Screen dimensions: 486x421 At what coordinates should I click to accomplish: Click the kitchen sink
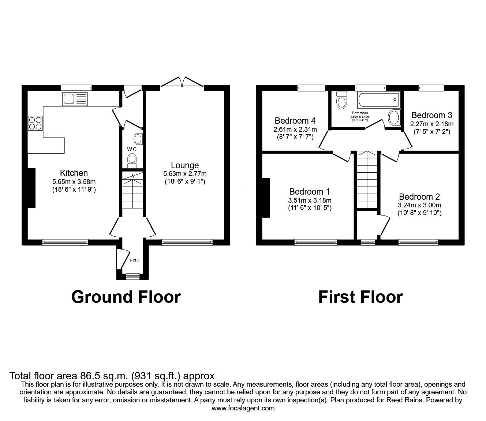click(75, 99)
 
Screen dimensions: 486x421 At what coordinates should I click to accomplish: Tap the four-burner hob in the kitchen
click(35, 123)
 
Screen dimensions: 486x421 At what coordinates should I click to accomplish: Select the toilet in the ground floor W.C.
click(132, 161)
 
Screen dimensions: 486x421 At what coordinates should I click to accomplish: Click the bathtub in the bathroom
click(378, 99)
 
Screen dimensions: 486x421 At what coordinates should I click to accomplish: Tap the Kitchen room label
click(74, 173)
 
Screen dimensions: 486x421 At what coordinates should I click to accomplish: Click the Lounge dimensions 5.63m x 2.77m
click(185, 174)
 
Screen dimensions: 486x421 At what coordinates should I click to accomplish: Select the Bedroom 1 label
click(309, 192)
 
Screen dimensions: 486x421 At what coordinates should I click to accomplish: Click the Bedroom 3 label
click(432, 115)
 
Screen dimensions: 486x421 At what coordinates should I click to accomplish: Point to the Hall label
click(134, 260)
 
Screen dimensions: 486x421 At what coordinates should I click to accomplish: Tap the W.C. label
click(132, 149)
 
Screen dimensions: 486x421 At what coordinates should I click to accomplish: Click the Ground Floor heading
click(126, 297)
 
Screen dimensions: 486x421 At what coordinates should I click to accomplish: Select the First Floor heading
click(360, 297)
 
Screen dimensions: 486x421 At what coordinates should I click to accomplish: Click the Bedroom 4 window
click(311, 88)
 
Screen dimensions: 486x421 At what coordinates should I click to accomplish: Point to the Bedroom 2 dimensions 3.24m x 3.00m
click(419, 205)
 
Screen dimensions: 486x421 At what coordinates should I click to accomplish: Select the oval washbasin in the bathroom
click(394, 117)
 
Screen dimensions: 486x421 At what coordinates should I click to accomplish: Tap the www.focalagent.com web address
click(243, 408)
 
